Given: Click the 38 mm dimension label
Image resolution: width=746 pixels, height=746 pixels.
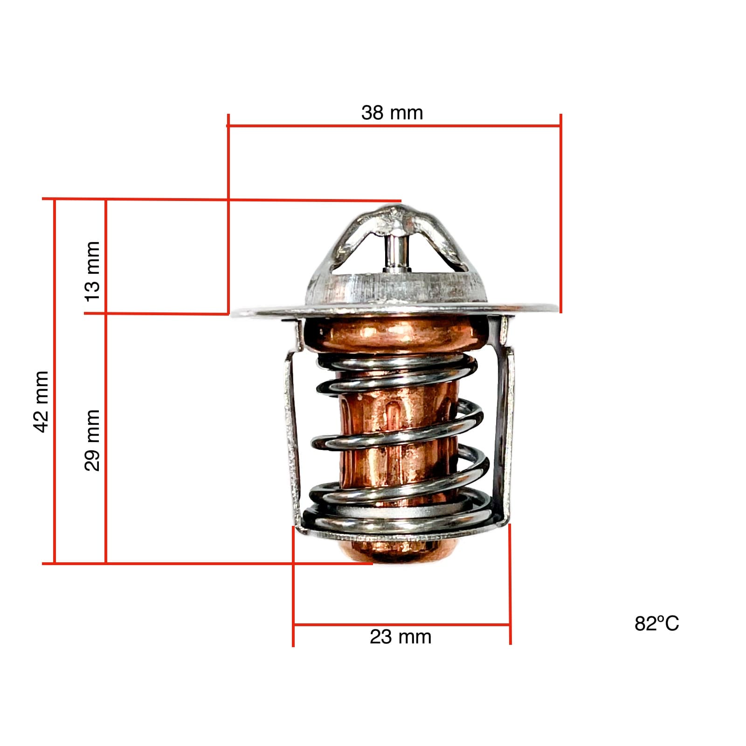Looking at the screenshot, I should (x=392, y=113).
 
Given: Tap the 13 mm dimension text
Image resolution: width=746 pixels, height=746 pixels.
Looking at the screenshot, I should (x=92, y=271).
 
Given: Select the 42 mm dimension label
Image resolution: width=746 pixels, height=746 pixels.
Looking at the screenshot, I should (x=41, y=401).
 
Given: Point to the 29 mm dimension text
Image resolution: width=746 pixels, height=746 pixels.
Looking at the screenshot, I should (x=92, y=440).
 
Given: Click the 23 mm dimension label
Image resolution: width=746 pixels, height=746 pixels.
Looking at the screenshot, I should (x=401, y=637).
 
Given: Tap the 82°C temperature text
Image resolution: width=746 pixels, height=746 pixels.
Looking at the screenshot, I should (x=656, y=624).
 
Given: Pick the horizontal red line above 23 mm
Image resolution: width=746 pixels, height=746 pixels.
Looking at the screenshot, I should (x=401, y=624).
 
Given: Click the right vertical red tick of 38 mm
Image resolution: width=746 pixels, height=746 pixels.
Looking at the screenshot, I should (x=560, y=214).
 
